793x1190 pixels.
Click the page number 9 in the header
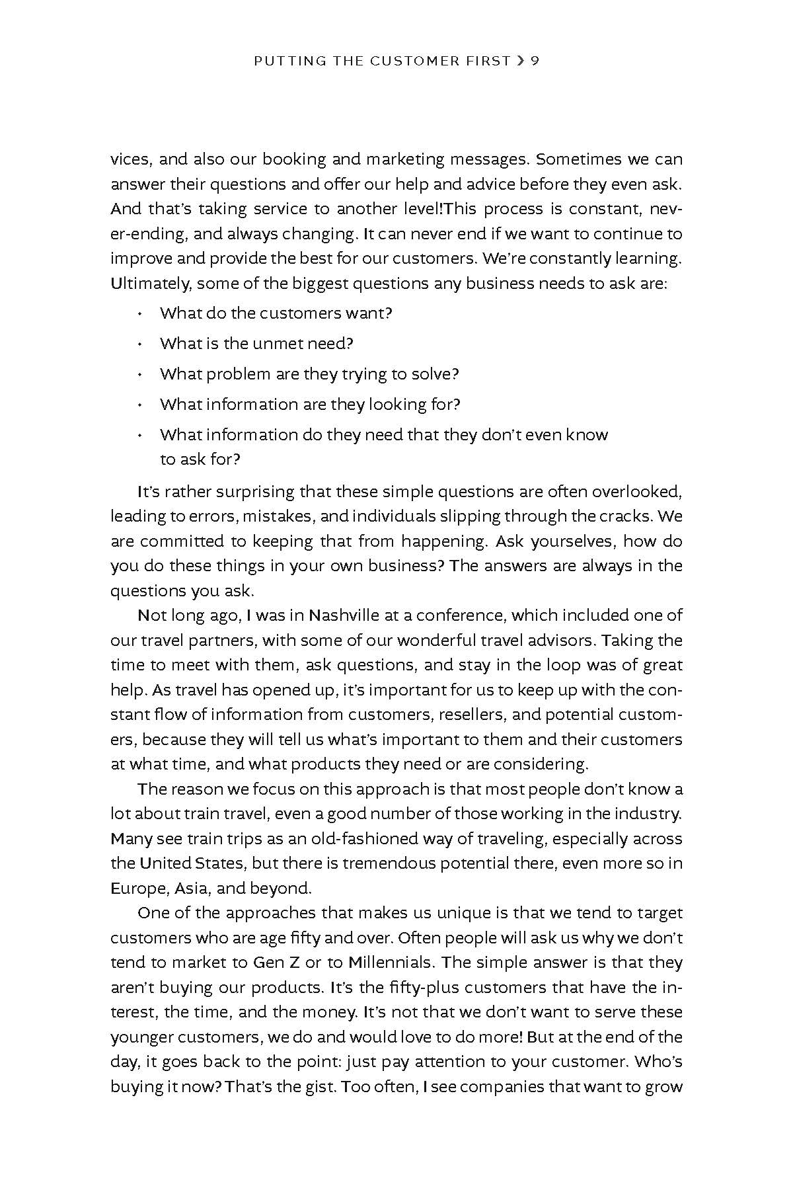pyautogui.click(x=535, y=61)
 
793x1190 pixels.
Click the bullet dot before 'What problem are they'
pyautogui.click(x=140, y=375)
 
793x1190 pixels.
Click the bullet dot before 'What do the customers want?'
pyautogui.click(x=140, y=314)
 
